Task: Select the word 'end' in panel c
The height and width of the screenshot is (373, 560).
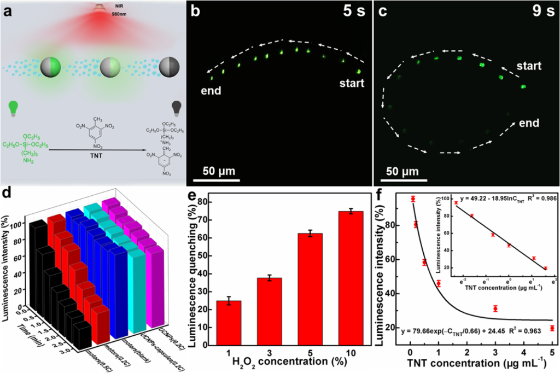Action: (x=530, y=123)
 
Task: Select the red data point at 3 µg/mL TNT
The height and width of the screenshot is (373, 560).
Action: (x=495, y=309)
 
